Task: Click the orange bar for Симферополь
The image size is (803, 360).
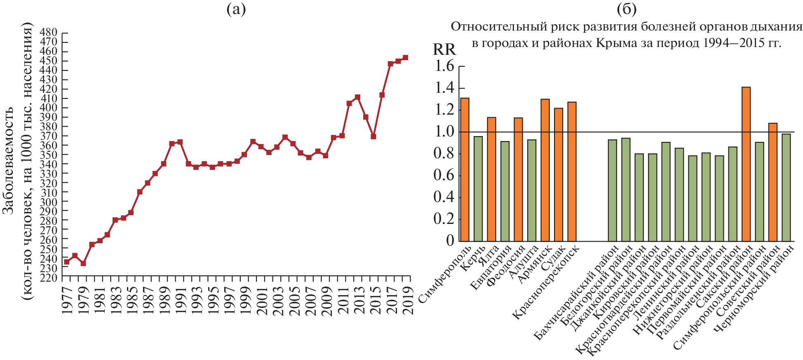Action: [465, 169]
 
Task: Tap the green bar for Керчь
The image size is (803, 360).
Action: [478, 188]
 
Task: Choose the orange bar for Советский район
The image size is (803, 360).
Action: [772, 182]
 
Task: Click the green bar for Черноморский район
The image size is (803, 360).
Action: [786, 187]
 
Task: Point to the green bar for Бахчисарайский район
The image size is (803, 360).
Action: [612, 190]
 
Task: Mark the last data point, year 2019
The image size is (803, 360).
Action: [405, 58]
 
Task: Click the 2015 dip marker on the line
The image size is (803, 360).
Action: [373, 136]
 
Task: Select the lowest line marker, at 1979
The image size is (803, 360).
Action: [83, 263]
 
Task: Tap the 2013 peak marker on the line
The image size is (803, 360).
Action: [357, 97]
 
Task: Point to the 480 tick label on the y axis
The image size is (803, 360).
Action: [48, 33]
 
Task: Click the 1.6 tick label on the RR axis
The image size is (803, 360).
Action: [444, 66]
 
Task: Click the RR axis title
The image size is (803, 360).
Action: [444, 49]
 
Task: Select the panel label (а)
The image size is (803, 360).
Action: [236, 9]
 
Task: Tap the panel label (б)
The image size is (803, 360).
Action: [627, 9]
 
